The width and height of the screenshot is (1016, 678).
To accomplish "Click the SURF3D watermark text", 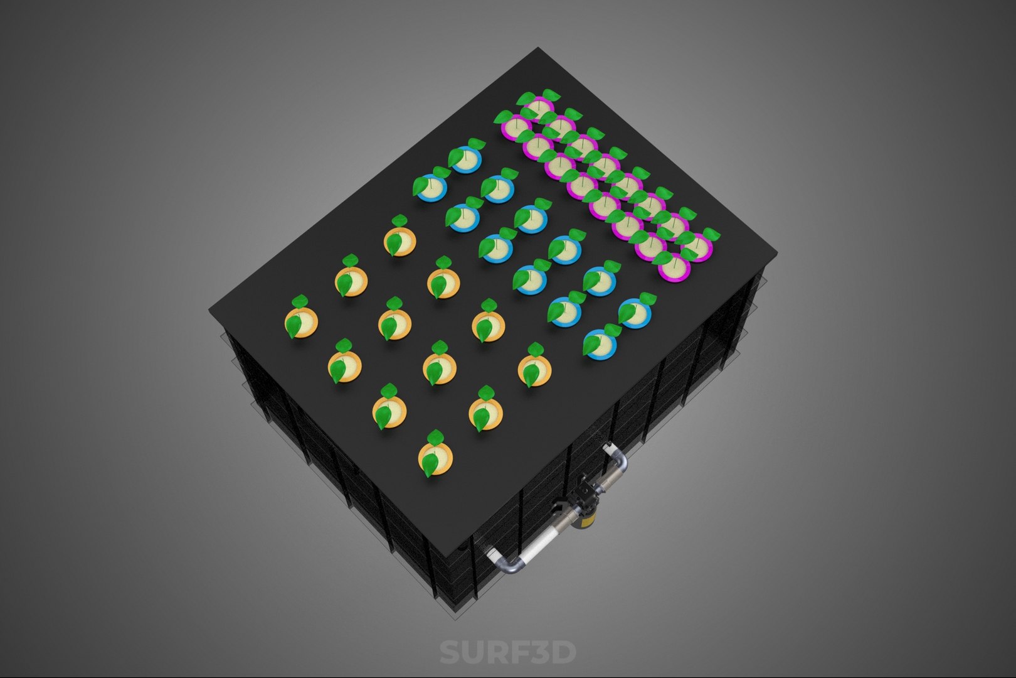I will point(507,652).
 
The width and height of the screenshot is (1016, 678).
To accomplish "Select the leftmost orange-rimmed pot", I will point(302,323).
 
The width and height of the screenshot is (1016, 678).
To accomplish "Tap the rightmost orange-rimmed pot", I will point(535,370).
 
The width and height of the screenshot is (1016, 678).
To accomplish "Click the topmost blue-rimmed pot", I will point(466,159).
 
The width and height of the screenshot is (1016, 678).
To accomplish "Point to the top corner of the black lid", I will point(537,48).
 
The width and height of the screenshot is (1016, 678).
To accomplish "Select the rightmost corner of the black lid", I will point(776,251).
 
